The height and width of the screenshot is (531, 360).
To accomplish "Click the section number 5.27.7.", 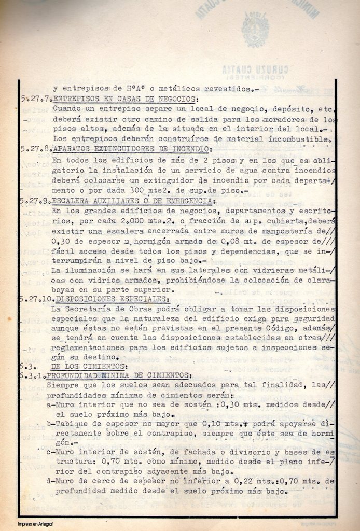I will [36, 99].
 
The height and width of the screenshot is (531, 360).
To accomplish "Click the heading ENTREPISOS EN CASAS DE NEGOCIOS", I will [124, 99].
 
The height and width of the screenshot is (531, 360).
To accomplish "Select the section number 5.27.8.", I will [36, 149].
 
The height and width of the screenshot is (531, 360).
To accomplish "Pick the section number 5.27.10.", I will [37, 299].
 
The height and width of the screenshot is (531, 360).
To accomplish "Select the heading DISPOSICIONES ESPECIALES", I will [112, 299].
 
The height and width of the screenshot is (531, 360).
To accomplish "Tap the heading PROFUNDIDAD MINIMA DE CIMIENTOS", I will [119, 375].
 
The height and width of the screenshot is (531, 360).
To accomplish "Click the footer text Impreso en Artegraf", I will [35, 524].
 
